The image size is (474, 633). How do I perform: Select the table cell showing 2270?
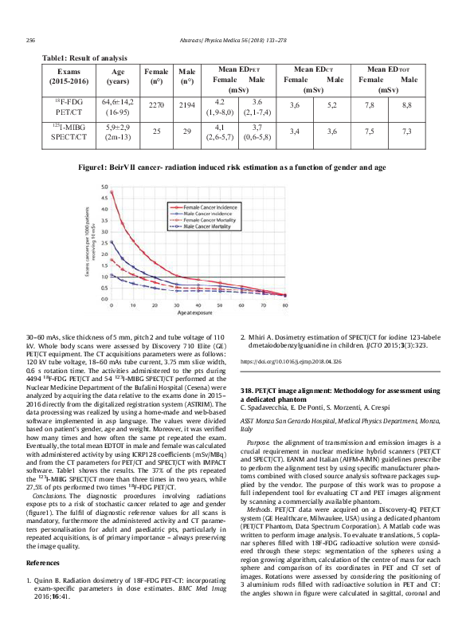(156, 105)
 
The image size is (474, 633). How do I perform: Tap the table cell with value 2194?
(187, 105)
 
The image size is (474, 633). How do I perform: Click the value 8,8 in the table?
(406, 105)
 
